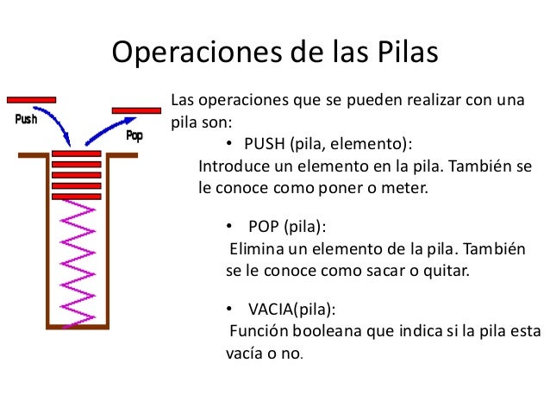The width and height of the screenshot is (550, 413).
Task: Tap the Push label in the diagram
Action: [26, 120]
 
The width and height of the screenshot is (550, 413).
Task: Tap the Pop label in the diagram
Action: [134, 135]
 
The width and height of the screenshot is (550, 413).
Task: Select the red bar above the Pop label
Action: [136, 110]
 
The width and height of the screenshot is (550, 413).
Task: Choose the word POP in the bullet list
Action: [264, 227]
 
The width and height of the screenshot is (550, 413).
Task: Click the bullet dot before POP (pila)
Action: [229, 228]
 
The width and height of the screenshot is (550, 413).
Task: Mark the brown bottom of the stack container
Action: [78, 327]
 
